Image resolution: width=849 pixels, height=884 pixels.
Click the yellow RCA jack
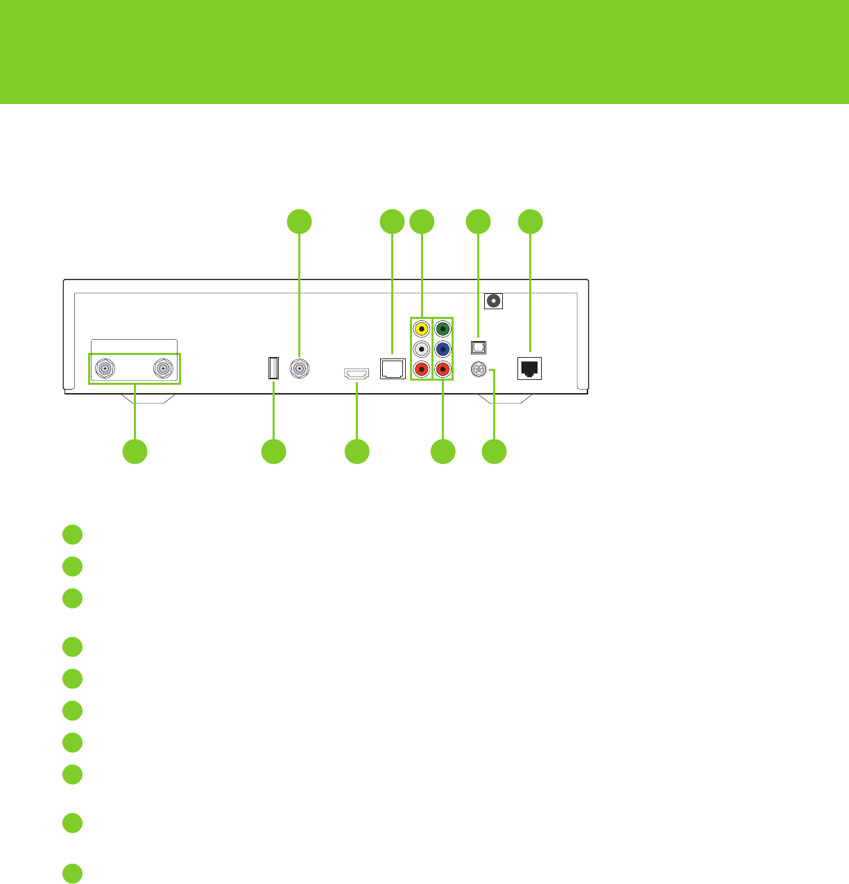pos(421,328)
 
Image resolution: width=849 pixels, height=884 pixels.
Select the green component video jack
pos(443,328)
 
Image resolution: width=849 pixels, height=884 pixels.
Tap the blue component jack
pos(443,348)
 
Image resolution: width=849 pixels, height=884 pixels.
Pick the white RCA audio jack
pos(421,348)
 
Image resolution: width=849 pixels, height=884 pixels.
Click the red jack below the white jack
pos(421,369)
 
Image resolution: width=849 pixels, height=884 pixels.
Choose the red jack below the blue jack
pos(443,369)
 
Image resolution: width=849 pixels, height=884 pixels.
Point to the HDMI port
pos(357,374)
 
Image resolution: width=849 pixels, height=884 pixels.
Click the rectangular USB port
pos(273,368)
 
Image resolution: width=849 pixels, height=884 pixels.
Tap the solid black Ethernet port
pos(530,369)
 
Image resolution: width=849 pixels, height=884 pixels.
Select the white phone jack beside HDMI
pos(393,368)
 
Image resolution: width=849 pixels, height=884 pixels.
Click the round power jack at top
pos(494,301)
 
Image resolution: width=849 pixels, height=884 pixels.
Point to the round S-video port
pos(478,370)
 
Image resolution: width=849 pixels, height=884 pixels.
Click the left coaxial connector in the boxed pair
pos(105,369)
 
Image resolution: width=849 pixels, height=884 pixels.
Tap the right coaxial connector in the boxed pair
pos(163,369)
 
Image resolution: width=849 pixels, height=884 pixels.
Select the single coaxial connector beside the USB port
pos(300,369)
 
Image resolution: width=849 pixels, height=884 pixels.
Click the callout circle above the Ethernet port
pos(531,221)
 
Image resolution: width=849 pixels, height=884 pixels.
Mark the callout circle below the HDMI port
pos(357,451)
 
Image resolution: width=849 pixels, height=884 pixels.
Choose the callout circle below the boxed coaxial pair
pos(135,451)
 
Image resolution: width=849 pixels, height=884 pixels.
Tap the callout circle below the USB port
pos(273,451)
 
